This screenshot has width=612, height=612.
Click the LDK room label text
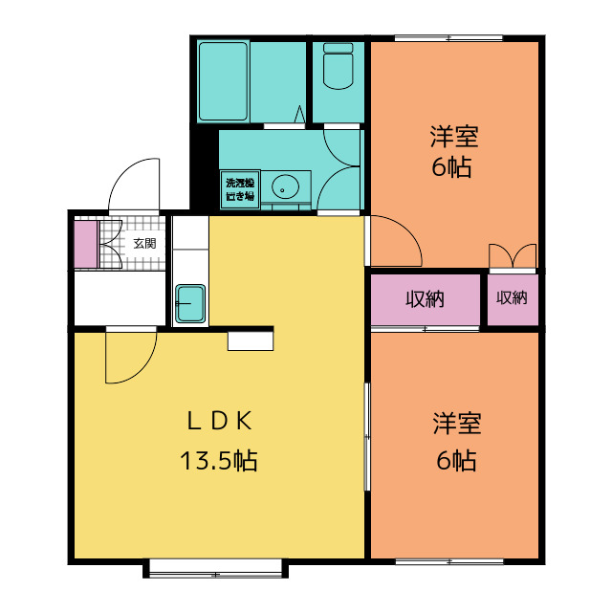pyautogui.click(x=218, y=420)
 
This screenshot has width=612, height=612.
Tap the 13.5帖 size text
pyautogui.click(x=218, y=461)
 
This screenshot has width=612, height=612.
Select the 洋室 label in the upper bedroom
pyautogui.click(x=454, y=136)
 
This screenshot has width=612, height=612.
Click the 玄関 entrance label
pyautogui.click(x=144, y=243)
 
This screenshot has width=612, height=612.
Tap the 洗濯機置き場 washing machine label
pyautogui.click(x=240, y=189)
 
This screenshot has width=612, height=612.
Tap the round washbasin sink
pyautogui.click(x=285, y=185)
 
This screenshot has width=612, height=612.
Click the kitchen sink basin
pyautogui.click(x=190, y=304)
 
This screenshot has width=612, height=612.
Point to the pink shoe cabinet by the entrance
pyautogui.click(x=86, y=244)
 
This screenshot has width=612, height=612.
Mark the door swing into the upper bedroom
pyautogui.click(x=394, y=239)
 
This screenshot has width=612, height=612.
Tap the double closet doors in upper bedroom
pyautogui.click(x=513, y=256)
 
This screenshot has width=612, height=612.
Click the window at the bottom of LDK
pyautogui.click(x=216, y=569)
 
